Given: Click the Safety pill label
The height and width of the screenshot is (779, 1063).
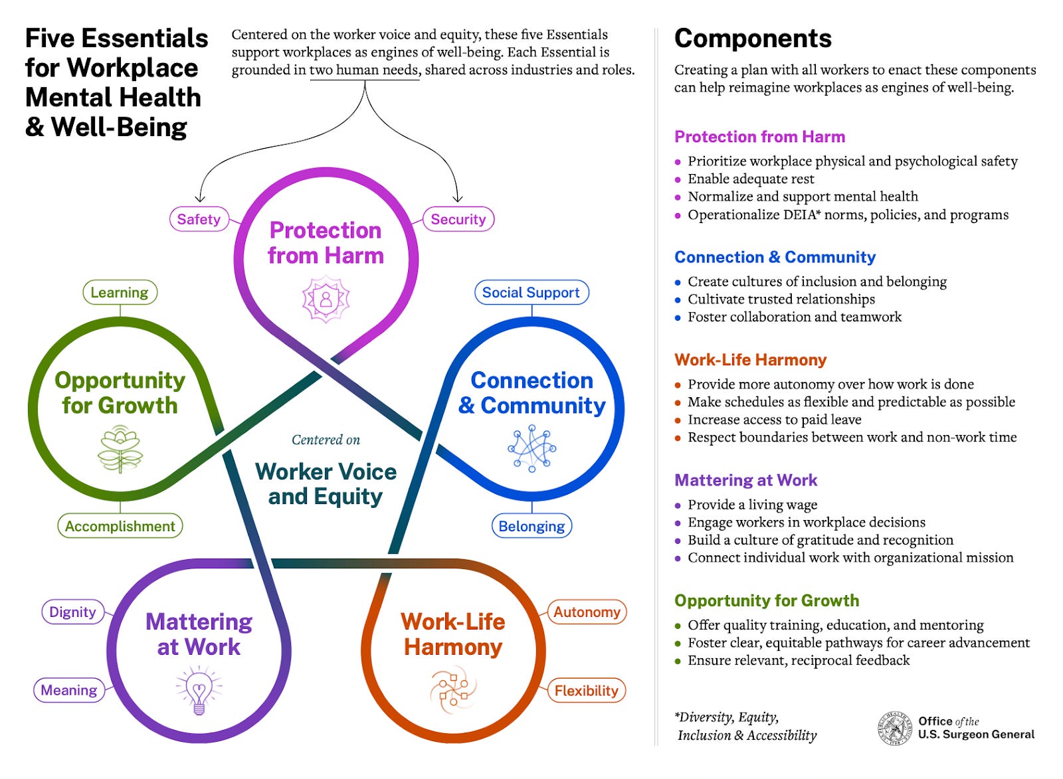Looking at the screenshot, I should tap(199, 219).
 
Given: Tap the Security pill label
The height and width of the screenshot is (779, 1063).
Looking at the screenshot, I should tap(458, 219).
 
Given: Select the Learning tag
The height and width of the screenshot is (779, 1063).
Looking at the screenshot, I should tap(120, 292).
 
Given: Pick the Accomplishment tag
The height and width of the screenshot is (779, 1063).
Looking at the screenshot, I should tap(120, 526).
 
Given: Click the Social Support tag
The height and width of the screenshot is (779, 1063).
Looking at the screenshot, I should tap(531, 292).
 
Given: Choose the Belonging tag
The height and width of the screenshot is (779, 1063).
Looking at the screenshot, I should tap(531, 526).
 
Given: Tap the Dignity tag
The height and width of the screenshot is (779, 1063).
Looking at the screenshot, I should tap(72, 612).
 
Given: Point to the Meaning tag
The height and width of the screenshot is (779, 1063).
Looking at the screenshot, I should tap(68, 690).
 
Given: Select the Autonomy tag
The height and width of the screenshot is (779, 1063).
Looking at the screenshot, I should tap(587, 612).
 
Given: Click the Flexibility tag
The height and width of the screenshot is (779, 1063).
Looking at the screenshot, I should tap(586, 691).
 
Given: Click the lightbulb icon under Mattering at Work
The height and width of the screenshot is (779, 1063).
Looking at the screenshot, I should tap(199, 691).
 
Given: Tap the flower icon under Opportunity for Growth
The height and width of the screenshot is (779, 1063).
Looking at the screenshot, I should tap(120, 450).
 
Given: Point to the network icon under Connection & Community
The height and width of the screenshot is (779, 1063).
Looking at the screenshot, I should tap(531, 449).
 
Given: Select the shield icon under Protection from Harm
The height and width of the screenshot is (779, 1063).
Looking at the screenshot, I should tap(326, 300).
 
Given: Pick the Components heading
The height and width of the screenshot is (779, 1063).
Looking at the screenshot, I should tap(753, 39).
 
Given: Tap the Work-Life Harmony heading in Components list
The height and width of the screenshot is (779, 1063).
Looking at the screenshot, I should tap(750, 360).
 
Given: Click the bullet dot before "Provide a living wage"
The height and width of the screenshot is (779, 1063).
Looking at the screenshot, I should tap(678, 505).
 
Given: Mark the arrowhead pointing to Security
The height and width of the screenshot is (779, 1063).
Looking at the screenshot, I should tap(457, 198).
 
